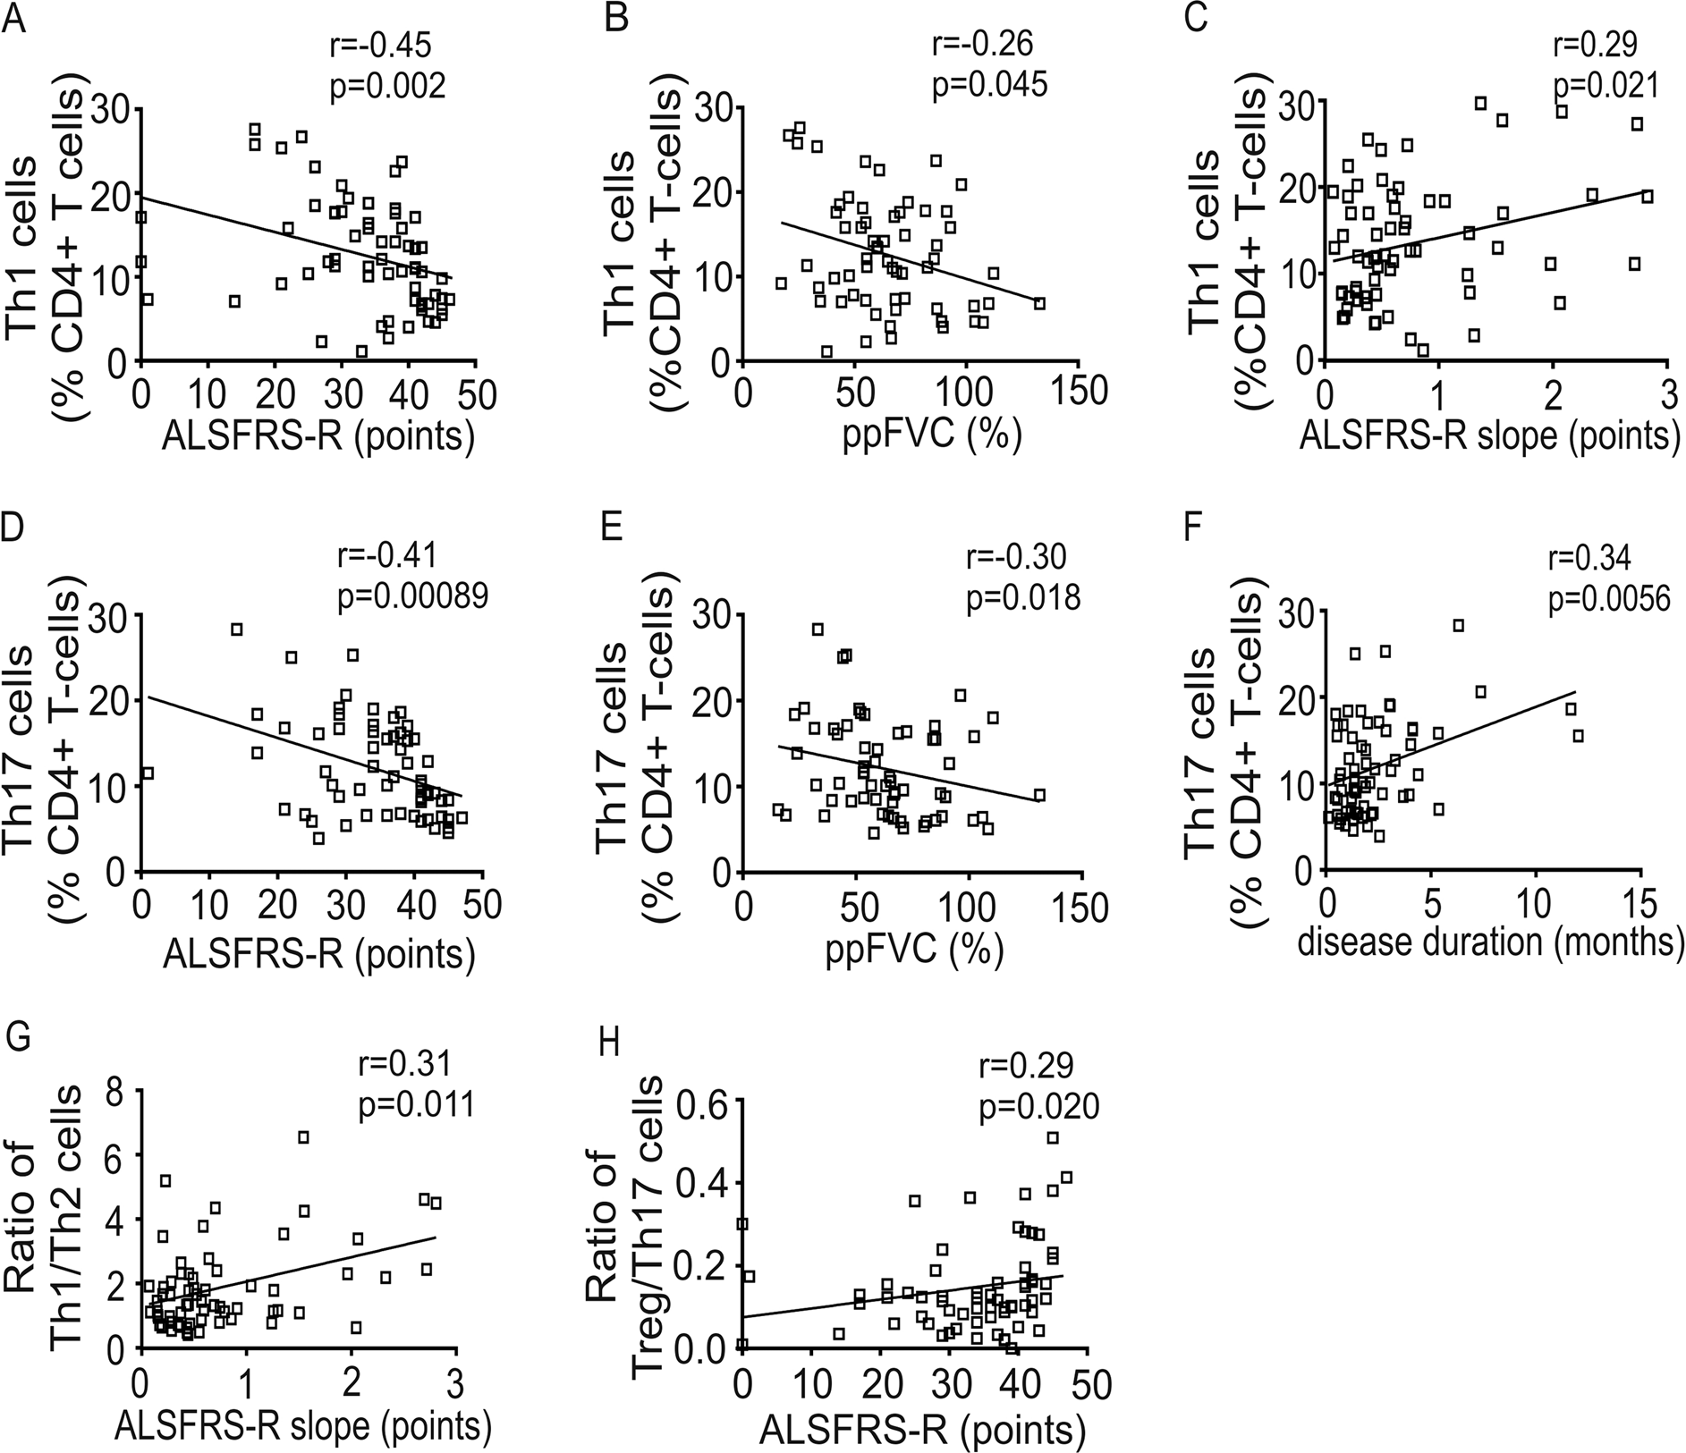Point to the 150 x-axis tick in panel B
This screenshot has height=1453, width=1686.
1078,393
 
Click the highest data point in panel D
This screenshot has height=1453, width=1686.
236,629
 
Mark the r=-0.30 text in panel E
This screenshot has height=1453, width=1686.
1017,557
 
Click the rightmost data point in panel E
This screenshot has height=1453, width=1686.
1038,795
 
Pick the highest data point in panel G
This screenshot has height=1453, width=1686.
303,1137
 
